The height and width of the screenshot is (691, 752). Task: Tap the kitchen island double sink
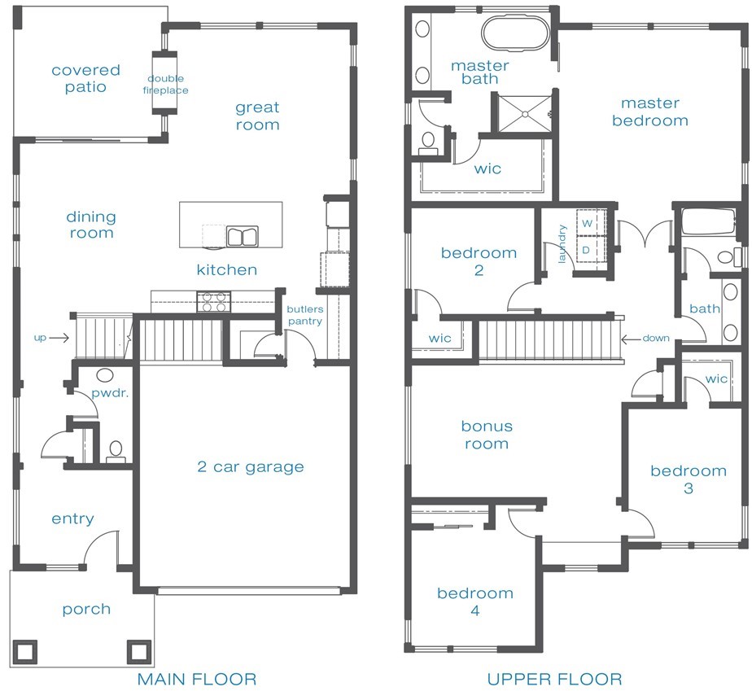[243, 237]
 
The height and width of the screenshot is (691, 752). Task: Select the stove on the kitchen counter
[214, 302]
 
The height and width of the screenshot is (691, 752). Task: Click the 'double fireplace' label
[165, 85]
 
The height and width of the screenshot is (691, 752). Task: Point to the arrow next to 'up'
[59, 338]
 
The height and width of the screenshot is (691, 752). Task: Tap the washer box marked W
[587, 224]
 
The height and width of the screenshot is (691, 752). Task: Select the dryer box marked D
[586, 250]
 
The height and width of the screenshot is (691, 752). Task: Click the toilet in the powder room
[116, 453]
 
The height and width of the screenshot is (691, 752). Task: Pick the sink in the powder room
[104, 374]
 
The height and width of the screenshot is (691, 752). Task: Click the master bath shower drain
[525, 114]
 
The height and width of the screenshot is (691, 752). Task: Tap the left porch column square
[24, 651]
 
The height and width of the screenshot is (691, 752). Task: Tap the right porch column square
[139, 651]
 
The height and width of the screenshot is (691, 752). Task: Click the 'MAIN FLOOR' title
[197, 679]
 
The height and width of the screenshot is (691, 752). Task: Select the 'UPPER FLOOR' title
[554, 679]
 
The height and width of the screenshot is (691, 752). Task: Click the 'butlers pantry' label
[305, 315]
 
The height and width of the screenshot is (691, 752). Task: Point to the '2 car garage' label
[251, 466]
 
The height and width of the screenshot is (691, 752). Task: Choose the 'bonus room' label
[487, 435]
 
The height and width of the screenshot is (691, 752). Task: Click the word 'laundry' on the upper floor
[562, 243]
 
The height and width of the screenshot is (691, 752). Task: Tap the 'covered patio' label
[85, 79]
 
